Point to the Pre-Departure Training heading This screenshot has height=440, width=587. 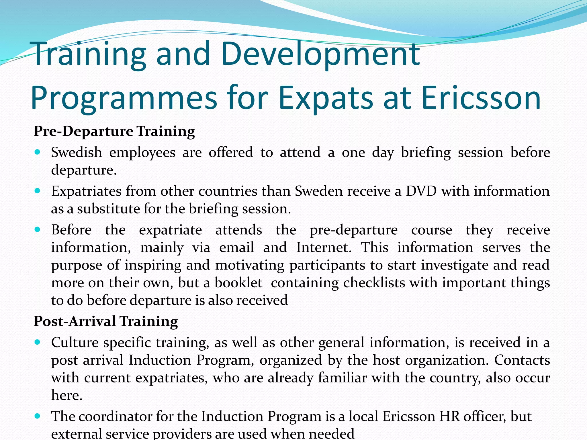[114, 131]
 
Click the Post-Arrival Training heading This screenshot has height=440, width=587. [106, 321]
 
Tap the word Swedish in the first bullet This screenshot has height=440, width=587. [77, 152]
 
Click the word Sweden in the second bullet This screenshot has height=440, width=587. [319, 191]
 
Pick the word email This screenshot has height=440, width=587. [236, 247]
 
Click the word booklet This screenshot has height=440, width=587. [238, 283]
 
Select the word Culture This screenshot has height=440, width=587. [75, 343]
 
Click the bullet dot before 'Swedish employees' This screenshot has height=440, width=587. [38, 152]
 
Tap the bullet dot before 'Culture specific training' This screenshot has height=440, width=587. [38, 342]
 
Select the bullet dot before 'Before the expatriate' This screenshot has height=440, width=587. [38, 229]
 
